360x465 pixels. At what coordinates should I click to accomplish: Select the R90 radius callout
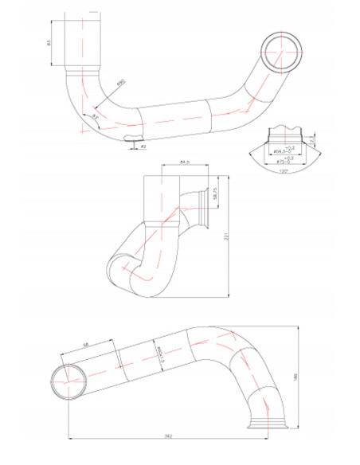(x=121, y=82)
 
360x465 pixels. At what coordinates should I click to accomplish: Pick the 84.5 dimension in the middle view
(x=185, y=162)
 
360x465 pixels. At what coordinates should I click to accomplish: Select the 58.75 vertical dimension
(x=216, y=196)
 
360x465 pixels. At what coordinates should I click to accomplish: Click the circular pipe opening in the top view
(x=280, y=53)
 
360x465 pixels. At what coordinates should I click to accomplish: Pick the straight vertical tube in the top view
(x=84, y=41)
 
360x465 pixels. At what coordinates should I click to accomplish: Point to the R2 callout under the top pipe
(x=143, y=147)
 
